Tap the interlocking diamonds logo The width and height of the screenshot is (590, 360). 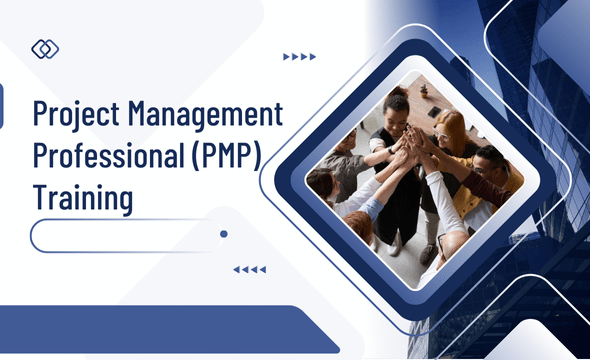pos(45,49)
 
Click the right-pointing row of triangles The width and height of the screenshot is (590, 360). pos(299,57)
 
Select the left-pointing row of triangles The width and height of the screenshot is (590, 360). pos(248,269)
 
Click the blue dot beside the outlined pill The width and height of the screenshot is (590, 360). pos(224,234)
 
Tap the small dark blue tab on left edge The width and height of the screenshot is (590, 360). pos(2,106)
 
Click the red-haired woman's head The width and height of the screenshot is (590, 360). pos(451,127)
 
